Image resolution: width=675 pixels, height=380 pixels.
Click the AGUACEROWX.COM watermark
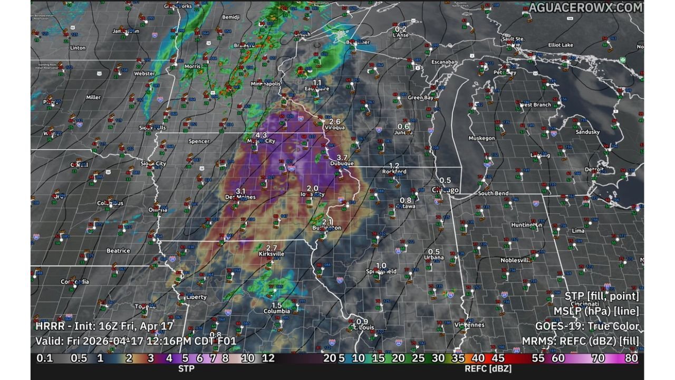tap(586, 7)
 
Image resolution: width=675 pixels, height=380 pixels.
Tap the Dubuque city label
tap(342, 164)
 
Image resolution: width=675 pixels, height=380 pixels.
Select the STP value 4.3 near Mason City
tap(261, 135)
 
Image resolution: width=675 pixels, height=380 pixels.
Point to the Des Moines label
tap(240, 197)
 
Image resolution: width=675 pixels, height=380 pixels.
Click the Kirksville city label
tap(272, 254)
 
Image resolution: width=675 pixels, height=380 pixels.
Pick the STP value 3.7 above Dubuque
tap(342, 158)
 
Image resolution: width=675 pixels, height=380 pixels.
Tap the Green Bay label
tap(421, 98)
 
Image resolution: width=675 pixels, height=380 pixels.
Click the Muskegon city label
tap(482, 138)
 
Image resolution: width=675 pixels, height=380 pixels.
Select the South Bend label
tap(493, 194)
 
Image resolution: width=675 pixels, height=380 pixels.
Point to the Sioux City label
tap(153, 164)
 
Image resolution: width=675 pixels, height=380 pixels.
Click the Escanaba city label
tap(443, 62)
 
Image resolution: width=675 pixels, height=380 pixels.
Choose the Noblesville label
tap(515, 260)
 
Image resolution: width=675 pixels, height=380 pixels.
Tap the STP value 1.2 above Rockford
tap(394, 166)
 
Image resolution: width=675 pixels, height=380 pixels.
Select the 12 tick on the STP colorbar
tap(268, 358)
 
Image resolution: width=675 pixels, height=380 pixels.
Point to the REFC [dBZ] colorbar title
tap(488, 368)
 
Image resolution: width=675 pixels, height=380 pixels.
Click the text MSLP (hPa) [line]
tap(596, 311)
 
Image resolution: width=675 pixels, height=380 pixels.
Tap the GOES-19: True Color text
tap(587, 327)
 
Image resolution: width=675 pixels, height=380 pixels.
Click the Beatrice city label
tap(118, 251)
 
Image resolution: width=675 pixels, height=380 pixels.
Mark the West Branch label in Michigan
tap(535, 105)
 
